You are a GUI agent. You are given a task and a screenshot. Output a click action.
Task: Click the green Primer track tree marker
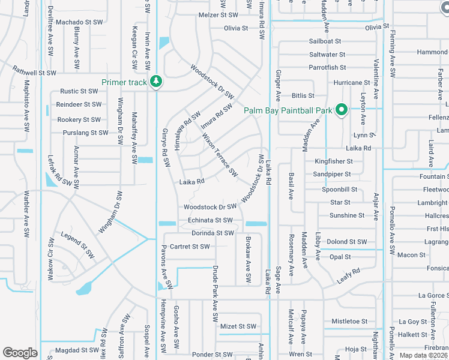coord(156,81)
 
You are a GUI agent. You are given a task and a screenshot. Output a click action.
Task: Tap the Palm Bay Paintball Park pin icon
coord(342,110)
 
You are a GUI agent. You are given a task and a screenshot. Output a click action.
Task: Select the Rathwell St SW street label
coord(34,73)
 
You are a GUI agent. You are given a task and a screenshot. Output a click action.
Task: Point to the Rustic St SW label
coord(79,92)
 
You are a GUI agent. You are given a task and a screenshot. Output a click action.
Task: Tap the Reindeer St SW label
coord(79,106)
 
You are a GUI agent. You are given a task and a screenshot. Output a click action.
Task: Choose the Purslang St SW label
coord(85,133)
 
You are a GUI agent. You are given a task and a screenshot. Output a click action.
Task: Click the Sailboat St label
coord(325,41)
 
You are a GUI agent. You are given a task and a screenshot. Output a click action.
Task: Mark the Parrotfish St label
coord(327,68)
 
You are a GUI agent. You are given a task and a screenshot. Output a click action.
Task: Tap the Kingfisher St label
coord(333,161)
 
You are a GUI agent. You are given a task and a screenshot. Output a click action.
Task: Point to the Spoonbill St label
coord(340,189)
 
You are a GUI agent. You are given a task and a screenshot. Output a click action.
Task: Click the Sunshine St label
coord(346,215)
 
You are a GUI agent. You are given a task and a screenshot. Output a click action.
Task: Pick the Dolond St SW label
coord(346,242)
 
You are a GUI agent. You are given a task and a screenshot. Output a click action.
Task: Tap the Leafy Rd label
coord(348,274)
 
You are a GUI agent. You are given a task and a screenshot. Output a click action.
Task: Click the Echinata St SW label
coord(210,220)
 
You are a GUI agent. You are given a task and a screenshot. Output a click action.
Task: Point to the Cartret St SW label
coord(190,247)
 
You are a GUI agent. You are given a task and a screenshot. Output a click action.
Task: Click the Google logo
coord(20,353)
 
